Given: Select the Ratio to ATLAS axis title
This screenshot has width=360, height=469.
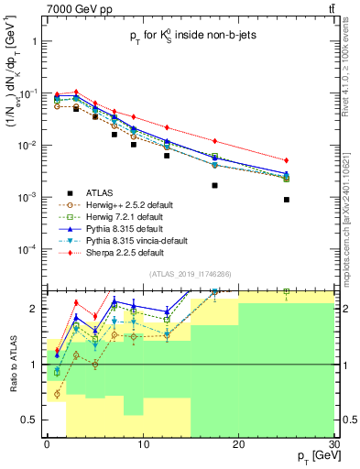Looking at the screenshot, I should [12, 365].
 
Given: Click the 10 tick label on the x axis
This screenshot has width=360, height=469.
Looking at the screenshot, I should [143, 443].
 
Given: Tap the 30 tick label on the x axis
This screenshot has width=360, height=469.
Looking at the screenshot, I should [333, 443].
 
